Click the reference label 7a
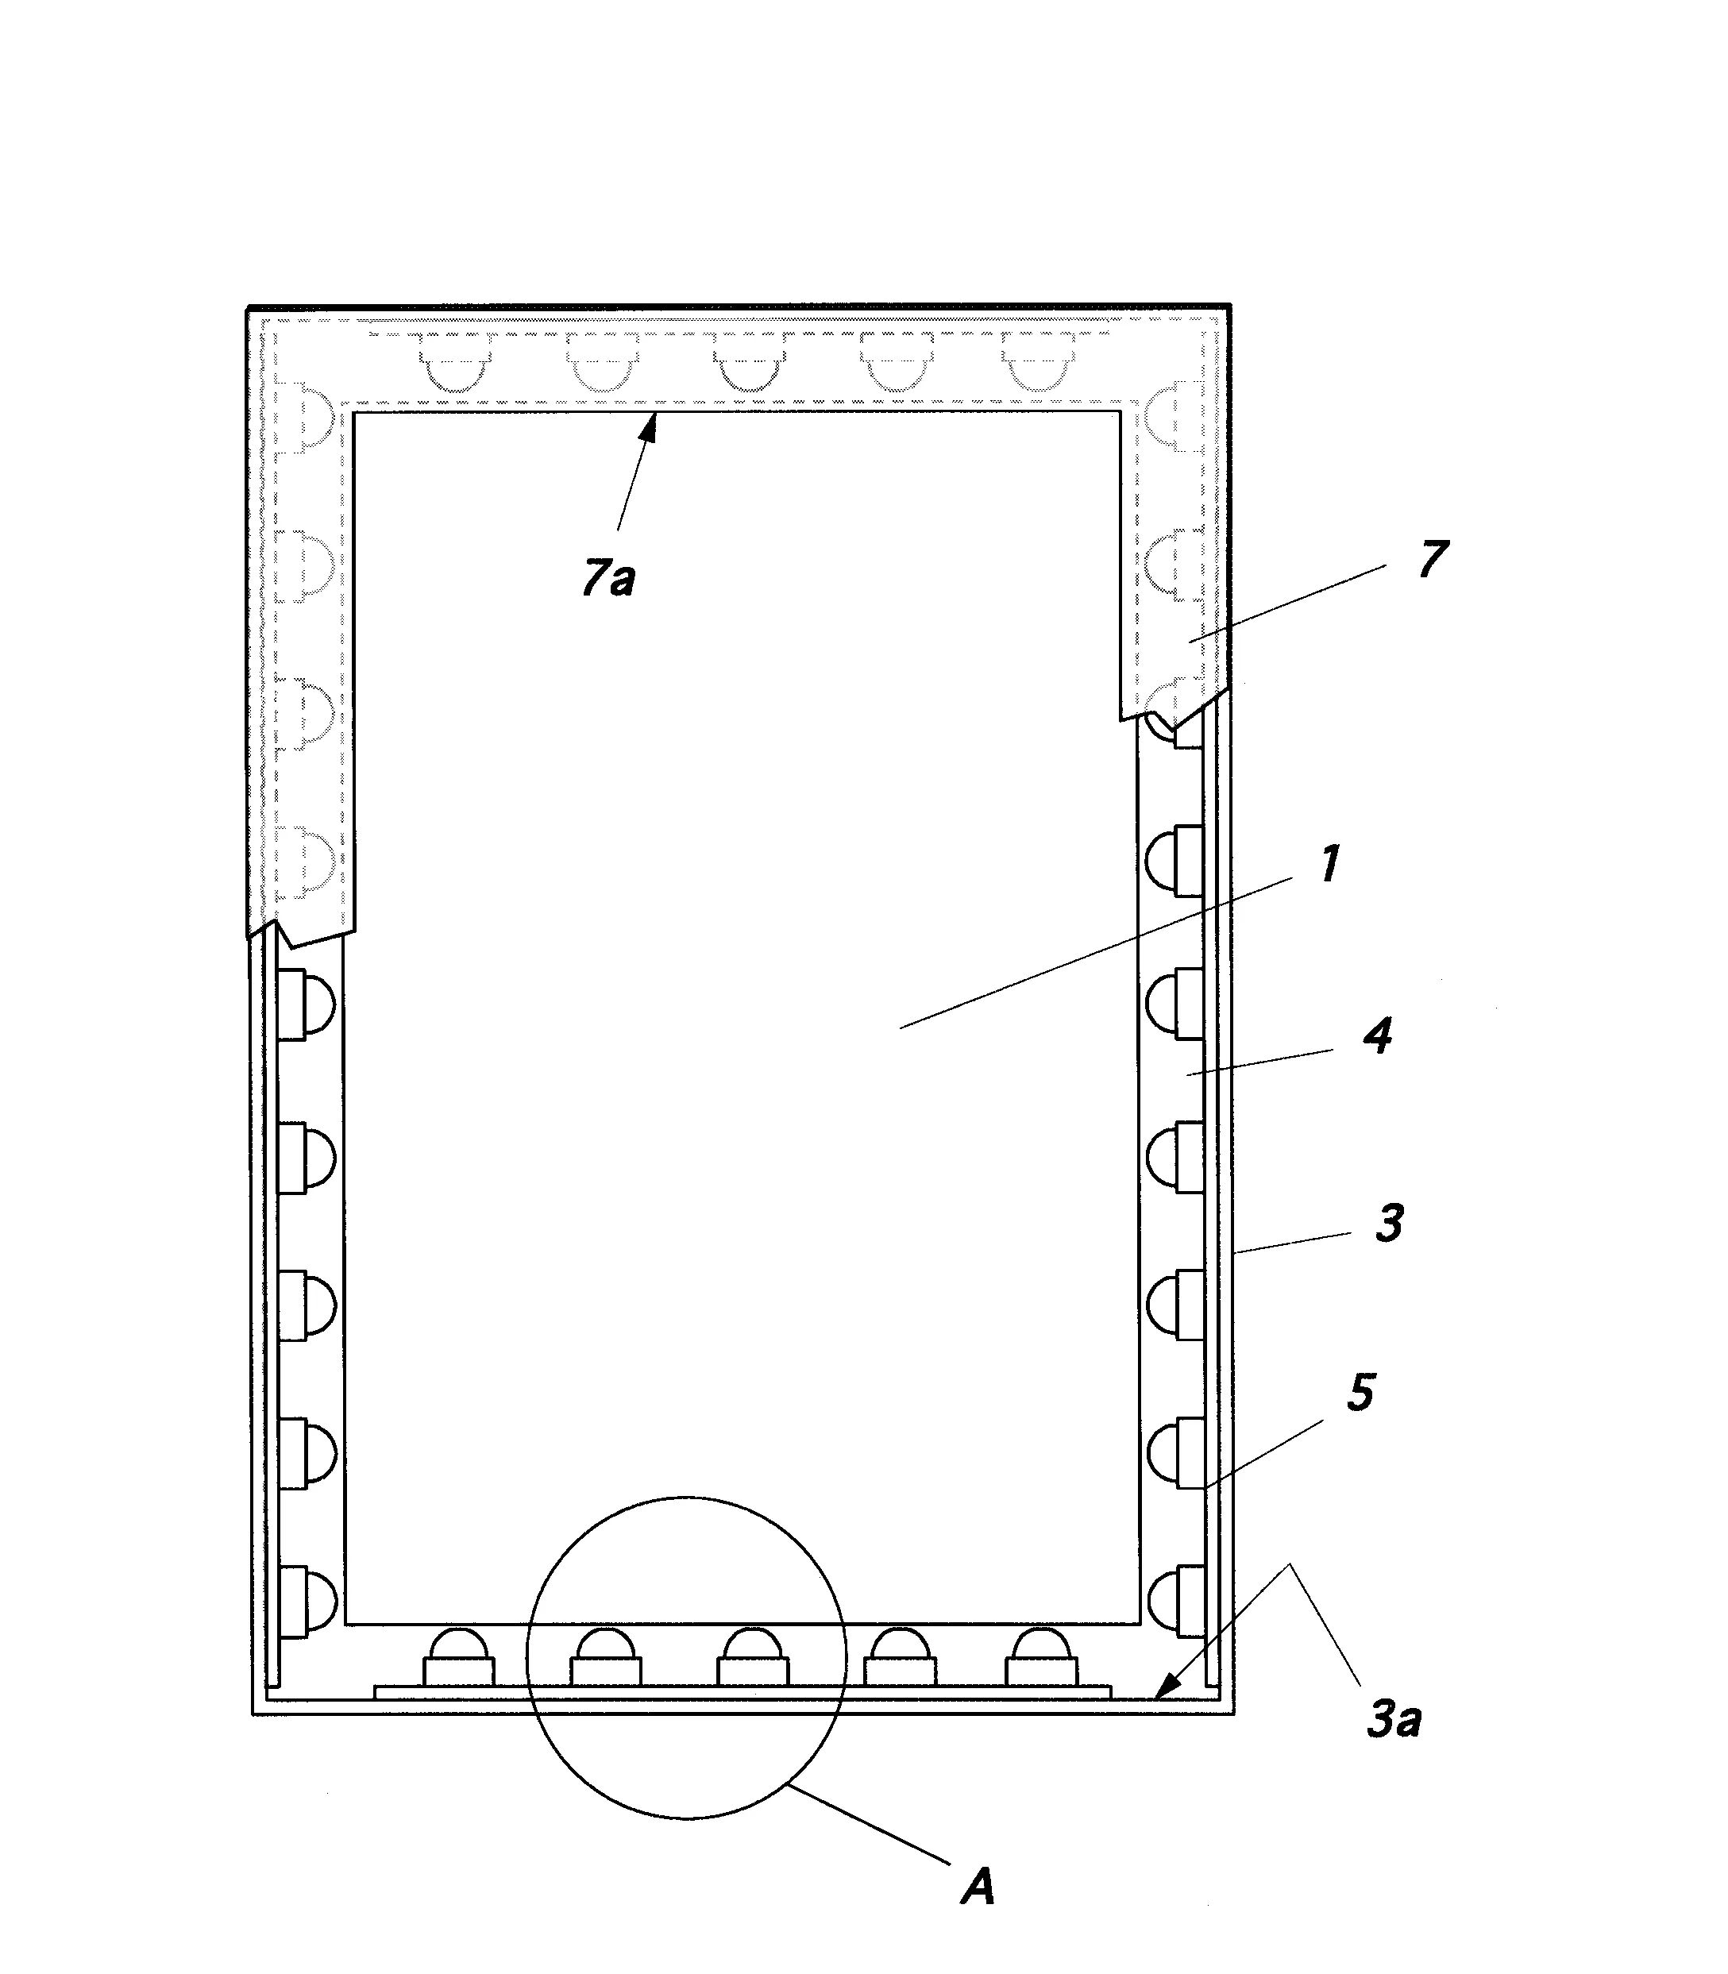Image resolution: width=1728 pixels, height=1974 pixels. click(x=608, y=579)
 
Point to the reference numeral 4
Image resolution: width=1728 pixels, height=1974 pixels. click(x=1378, y=1038)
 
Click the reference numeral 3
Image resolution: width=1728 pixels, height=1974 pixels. click(x=1389, y=1224)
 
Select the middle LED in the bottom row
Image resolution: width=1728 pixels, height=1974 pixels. click(x=752, y=1658)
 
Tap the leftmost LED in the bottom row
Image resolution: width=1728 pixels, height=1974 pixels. click(x=458, y=1658)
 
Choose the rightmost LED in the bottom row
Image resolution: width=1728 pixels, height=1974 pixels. click(x=1041, y=1658)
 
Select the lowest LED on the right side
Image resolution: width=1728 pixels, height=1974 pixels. click(x=1175, y=1601)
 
